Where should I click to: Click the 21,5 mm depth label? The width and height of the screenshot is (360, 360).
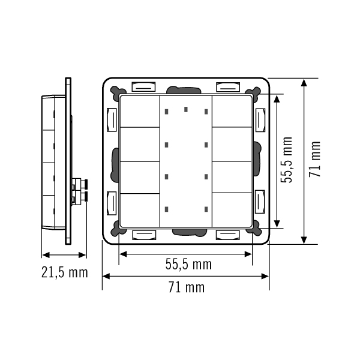(x=65, y=272)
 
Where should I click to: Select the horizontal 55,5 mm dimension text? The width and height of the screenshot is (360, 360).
(x=188, y=264)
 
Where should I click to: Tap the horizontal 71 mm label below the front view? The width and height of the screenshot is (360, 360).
(x=187, y=287)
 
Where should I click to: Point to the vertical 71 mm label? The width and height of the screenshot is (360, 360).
(x=314, y=159)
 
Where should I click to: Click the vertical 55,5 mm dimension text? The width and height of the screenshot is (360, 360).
(x=287, y=160)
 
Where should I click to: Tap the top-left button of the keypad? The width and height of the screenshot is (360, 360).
(x=140, y=112)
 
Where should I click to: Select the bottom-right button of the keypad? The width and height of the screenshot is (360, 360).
(x=232, y=210)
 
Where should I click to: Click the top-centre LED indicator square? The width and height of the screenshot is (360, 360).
(x=186, y=109)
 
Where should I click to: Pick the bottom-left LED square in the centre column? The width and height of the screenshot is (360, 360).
(x=166, y=209)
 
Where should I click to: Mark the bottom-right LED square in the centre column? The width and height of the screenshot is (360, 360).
(x=206, y=209)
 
